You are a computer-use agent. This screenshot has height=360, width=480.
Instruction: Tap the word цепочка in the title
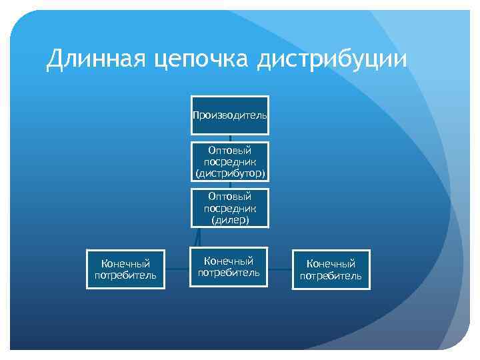(201, 61)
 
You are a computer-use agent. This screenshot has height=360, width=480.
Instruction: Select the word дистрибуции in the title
(332, 61)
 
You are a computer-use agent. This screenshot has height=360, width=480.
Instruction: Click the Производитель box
(230, 115)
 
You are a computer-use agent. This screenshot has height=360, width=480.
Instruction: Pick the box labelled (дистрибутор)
(230, 162)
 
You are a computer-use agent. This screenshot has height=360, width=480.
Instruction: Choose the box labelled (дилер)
(230, 208)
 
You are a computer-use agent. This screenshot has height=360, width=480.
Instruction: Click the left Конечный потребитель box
(125, 269)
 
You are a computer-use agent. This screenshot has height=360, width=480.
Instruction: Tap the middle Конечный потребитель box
(229, 267)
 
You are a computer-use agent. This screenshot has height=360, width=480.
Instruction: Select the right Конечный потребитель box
(331, 269)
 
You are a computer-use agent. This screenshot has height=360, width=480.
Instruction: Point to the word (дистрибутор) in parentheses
(230, 173)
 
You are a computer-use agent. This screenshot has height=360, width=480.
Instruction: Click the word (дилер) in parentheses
(230, 220)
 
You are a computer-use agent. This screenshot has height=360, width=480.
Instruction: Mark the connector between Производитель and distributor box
(230, 138)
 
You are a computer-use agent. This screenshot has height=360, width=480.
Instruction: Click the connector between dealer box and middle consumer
(197, 237)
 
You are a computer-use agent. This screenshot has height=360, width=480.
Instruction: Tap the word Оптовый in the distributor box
(230, 151)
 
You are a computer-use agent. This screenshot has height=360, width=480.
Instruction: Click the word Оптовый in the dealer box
(230, 197)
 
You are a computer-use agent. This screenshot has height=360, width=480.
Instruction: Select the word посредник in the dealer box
(230, 208)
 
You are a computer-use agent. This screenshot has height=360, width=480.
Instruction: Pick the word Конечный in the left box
(125, 264)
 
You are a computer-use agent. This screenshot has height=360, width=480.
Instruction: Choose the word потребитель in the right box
(331, 276)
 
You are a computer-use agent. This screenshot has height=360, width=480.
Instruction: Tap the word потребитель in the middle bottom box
(229, 273)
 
